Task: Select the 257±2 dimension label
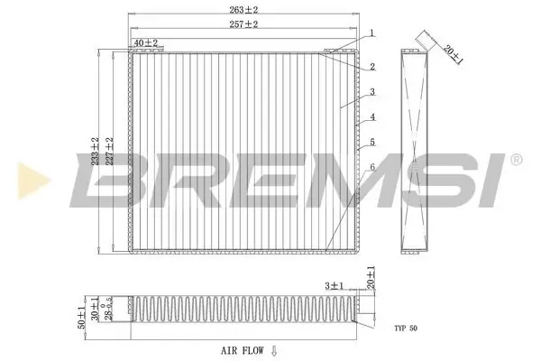243,24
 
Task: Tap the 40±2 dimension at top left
145,42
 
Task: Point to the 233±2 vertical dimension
95,150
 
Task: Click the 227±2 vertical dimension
108,150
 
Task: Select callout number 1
371,33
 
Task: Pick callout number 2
371,67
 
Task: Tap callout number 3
371,92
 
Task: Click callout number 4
371,117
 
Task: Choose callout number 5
371,142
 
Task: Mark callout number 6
371,167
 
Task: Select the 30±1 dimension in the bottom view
95,310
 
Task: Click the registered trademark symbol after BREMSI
516,160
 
